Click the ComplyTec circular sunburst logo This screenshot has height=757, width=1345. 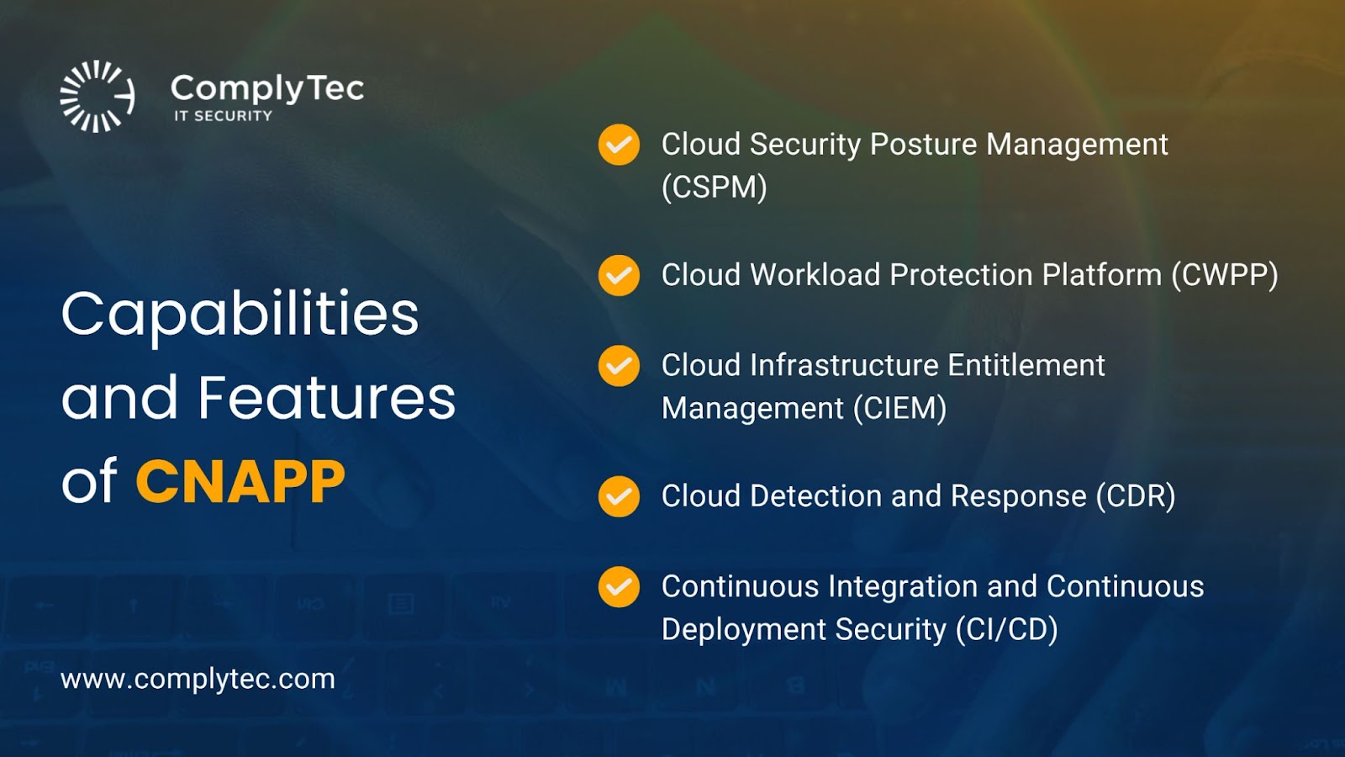click(98, 96)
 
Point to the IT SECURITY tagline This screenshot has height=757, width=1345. click(224, 116)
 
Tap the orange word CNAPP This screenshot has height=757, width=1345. click(240, 481)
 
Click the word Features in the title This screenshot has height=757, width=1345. click(327, 397)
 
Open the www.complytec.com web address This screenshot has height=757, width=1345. click(198, 680)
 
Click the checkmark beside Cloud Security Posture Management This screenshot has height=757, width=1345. click(619, 145)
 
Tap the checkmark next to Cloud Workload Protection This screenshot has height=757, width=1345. click(619, 275)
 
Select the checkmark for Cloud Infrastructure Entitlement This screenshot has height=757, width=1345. click(619, 366)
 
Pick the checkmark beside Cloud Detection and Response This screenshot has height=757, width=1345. click(619, 496)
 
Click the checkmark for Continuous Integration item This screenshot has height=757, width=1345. click(619, 587)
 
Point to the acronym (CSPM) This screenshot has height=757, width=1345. click(715, 187)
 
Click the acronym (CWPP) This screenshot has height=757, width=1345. click(1225, 275)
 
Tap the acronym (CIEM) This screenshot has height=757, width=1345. click(900, 409)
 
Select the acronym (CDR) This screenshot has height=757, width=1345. click(1136, 496)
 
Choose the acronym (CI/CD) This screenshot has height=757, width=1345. click(1007, 630)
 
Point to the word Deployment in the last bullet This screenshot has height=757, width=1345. click(744, 630)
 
